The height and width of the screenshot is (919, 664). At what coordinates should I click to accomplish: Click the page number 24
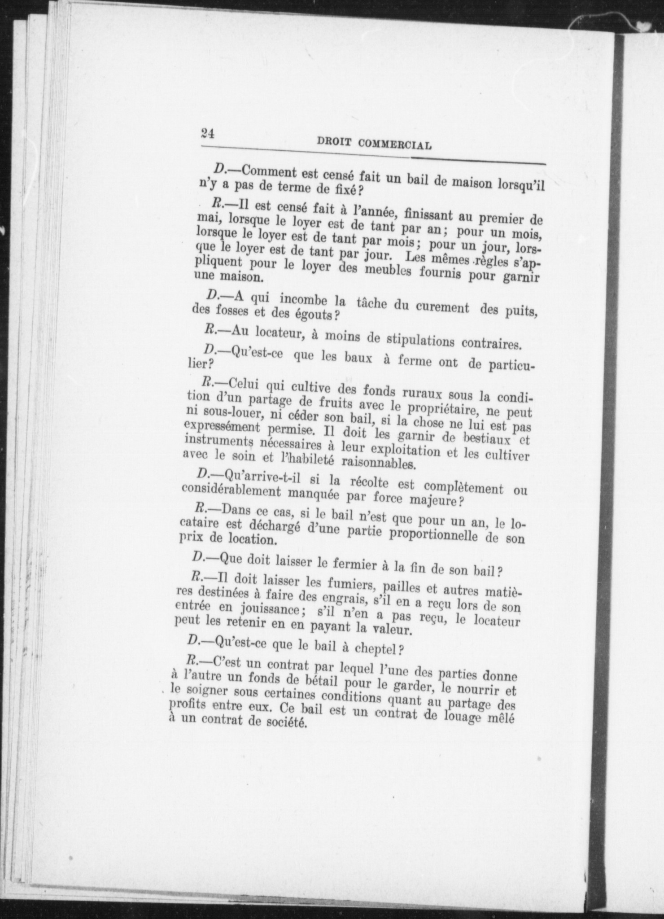[x=209, y=133]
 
